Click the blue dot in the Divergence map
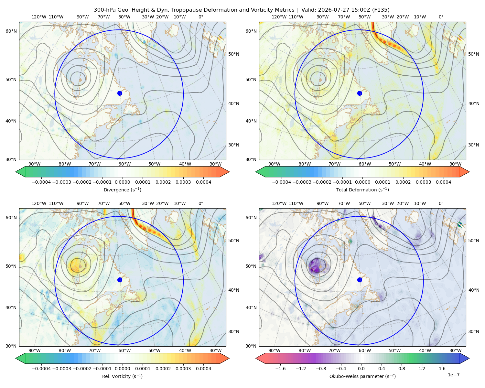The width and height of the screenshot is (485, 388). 120,93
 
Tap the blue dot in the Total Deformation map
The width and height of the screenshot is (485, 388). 360,93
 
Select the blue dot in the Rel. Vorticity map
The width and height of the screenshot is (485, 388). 120,280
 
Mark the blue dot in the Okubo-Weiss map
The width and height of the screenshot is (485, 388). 360,280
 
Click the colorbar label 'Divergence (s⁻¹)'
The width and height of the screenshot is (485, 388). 122,189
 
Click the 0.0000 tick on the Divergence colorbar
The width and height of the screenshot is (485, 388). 122,182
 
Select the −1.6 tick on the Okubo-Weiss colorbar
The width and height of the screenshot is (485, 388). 280,369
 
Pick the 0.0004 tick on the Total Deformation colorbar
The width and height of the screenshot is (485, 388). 444,182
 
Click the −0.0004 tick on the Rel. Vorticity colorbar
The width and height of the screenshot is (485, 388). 41,369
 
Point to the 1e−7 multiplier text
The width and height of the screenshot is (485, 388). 453,375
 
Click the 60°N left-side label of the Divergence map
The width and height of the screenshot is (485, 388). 11,31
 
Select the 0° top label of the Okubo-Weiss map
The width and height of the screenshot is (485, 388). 441,203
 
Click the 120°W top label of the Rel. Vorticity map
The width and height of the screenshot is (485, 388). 39,203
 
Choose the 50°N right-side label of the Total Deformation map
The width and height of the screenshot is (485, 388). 474,54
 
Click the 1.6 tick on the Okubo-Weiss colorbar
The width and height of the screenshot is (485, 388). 442,369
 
